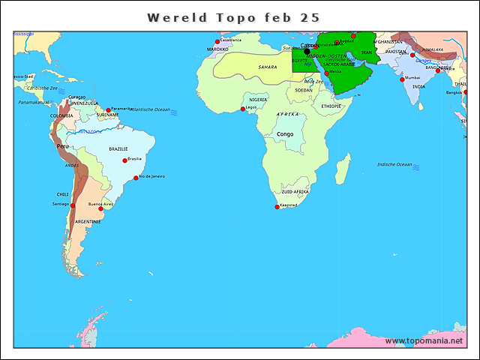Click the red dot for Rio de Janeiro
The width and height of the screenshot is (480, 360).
point(136,178)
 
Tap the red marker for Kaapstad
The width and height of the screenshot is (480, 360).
point(277,207)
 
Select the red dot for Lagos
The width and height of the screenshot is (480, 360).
point(242,109)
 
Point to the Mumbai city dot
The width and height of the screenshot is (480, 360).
point(403,79)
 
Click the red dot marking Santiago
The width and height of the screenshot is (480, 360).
point(73,205)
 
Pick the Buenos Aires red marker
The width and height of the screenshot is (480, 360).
point(101,208)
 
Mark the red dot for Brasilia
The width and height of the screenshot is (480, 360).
point(124,160)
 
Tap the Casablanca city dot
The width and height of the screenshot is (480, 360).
point(217,41)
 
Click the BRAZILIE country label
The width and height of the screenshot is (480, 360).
point(118,149)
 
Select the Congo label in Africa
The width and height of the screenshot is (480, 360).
point(285,134)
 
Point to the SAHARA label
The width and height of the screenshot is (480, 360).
point(268,67)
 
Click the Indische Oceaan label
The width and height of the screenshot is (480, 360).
point(394,164)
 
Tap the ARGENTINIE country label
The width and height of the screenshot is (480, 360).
point(88,221)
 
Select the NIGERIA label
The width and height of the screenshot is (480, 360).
point(258,99)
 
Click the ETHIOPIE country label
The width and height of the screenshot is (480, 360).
point(331,106)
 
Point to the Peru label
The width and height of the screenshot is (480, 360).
point(64,146)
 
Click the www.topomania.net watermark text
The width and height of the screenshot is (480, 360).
point(424,340)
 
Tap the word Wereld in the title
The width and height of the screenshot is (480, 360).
point(173,17)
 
